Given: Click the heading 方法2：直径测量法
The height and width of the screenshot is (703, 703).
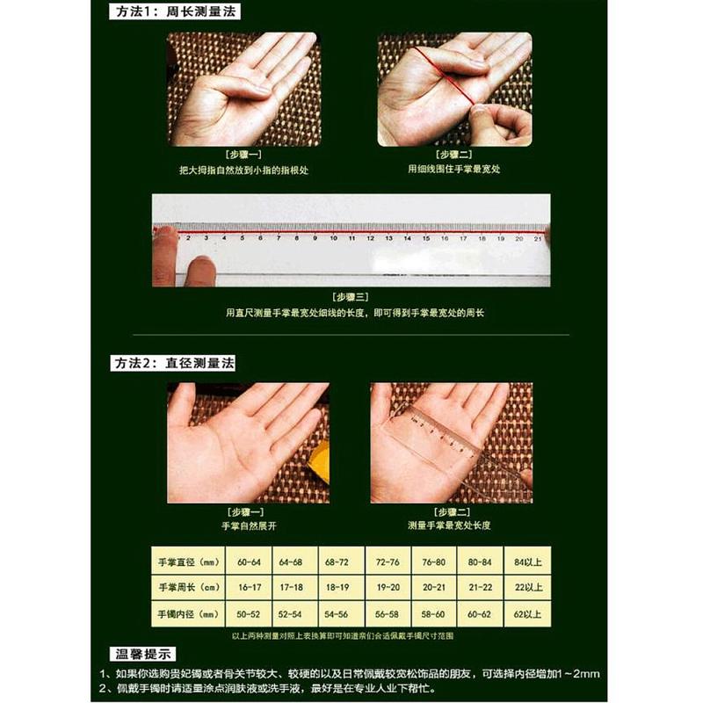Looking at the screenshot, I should coord(174,363).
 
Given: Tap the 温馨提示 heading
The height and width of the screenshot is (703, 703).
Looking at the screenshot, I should coord(144,654).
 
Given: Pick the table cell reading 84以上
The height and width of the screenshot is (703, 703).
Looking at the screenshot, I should coord(527,562).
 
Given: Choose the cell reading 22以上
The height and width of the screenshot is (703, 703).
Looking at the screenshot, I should coord(527,586).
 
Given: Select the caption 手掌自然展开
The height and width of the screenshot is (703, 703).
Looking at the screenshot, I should coord(245,525).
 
